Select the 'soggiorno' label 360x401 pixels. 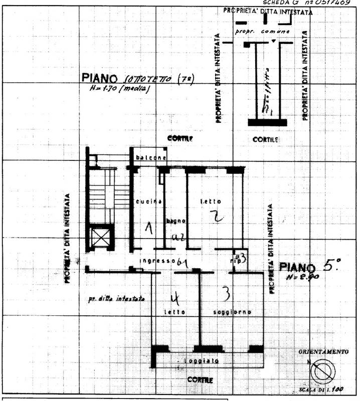232,312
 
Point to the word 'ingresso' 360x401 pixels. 157,261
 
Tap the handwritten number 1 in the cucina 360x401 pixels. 148,229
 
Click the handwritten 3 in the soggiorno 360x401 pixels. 226,291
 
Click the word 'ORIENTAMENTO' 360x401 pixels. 323,352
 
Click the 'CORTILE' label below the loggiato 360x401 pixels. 200,380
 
